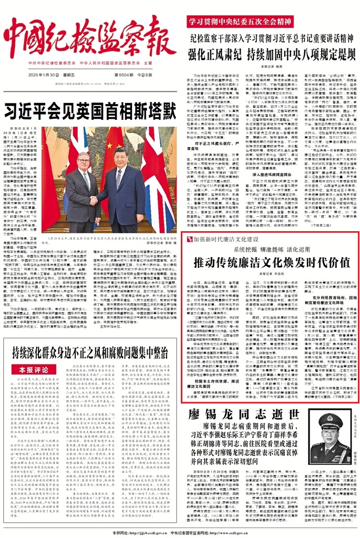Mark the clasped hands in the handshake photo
tap(94, 200)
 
